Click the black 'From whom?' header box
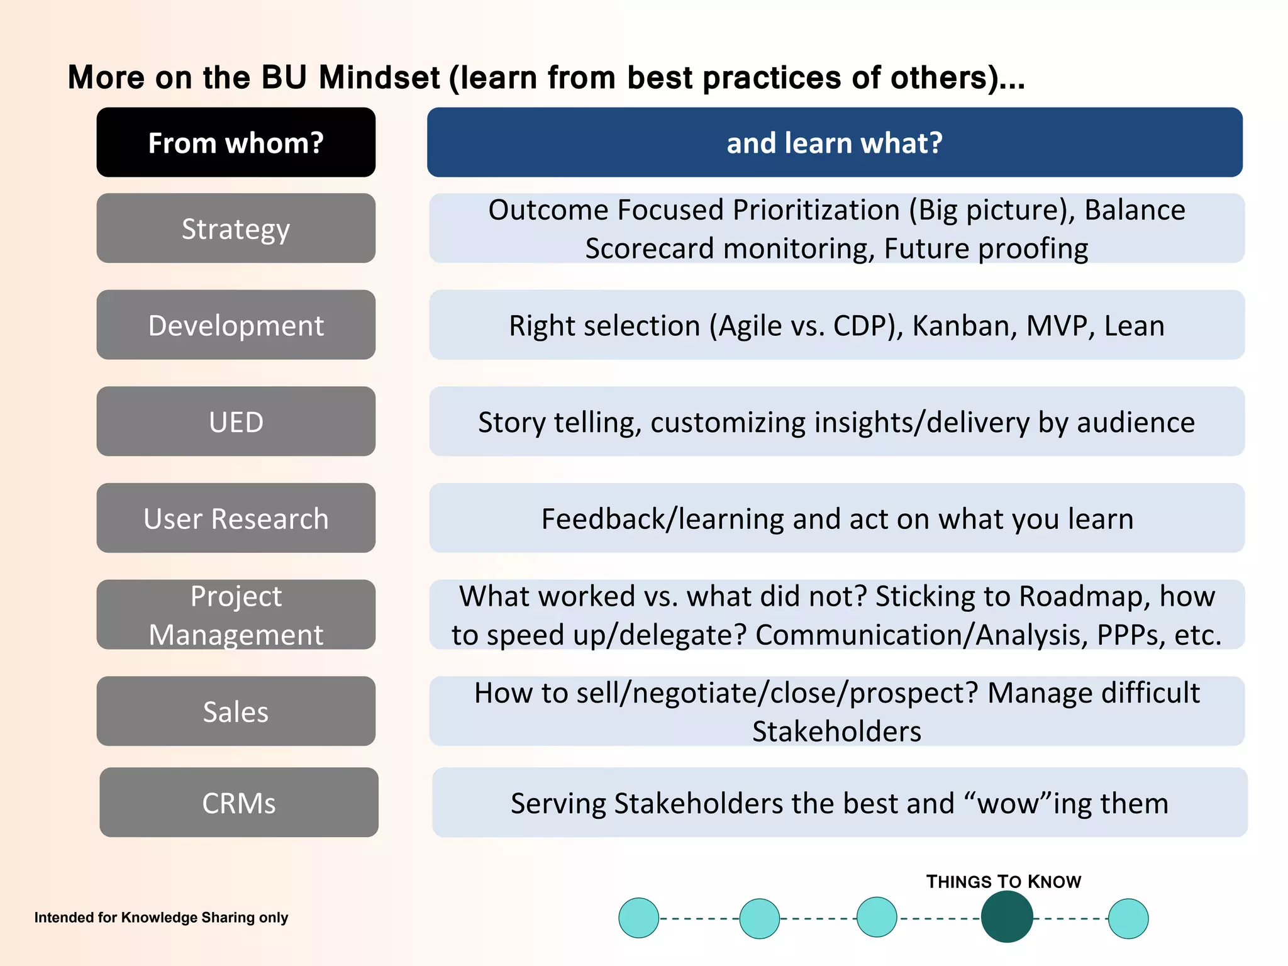point(236,142)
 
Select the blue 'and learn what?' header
point(835,142)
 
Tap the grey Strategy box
point(236,228)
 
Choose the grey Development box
point(236,325)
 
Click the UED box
point(236,421)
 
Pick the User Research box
point(236,518)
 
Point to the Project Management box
point(236,614)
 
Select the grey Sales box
point(236,711)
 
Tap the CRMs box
point(239,802)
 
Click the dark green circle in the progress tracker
point(1006,918)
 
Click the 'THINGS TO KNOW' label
point(1003,882)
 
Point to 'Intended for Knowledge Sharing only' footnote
point(161,918)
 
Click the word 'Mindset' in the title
point(379,78)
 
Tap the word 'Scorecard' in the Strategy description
point(650,248)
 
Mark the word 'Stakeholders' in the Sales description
point(836,731)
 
